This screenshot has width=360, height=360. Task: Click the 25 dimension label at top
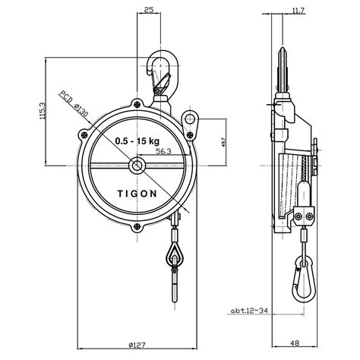coord(149,10)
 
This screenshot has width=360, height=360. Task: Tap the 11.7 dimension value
coord(298,11)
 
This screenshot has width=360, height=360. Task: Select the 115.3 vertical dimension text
coord(43,111)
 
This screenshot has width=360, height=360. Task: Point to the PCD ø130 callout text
coord(74,104)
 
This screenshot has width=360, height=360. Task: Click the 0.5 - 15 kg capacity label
coord(137,141)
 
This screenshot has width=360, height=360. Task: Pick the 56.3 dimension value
coord(163,151)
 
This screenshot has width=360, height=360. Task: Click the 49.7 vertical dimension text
coord(223,146)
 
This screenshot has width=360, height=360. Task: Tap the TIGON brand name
coord(137,194)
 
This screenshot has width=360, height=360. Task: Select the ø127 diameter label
coord(137,345)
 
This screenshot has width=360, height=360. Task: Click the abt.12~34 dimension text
coord(249,311)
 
